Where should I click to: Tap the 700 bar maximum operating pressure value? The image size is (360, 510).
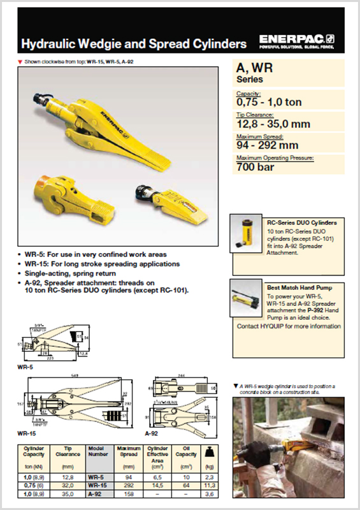click(255, 168)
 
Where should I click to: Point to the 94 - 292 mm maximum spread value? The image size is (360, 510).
click(268, 145)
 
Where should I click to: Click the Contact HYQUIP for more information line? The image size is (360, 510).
click(289, 326)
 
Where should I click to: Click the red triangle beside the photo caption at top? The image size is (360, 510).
click(20, 62)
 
